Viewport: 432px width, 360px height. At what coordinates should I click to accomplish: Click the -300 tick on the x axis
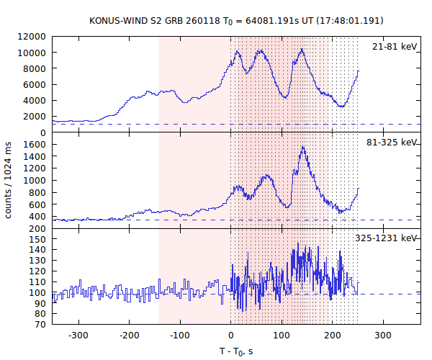[x=78, y=336]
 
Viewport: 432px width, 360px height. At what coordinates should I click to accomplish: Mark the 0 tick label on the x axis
[x=230, y=336]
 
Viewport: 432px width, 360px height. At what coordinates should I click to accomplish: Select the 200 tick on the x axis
[x=332, y=336]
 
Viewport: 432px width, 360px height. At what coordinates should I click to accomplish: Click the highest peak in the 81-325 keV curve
[x=303, y=147]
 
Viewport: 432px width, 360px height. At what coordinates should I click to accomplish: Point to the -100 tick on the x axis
[x=179, y=336]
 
